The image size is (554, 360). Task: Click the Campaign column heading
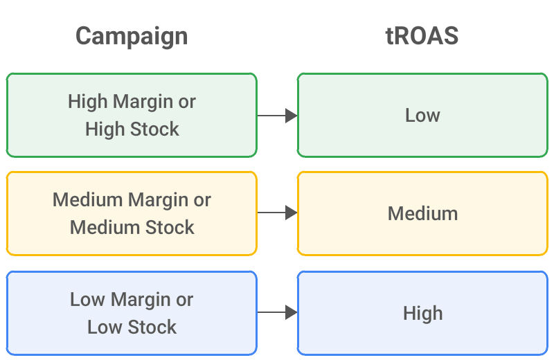click(132, 37)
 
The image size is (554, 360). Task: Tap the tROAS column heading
click(422, 36)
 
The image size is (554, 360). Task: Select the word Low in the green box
click(422, 116)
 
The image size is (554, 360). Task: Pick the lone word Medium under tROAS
click(422, 213)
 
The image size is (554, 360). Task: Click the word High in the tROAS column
click(422, 314)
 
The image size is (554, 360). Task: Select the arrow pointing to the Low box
click(278, 116)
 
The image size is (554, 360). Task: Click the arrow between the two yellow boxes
click(278, 213)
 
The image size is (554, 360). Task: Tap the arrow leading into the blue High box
click(278, 312)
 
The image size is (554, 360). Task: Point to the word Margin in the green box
click(143, 102)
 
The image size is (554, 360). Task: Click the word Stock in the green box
click(154, 129)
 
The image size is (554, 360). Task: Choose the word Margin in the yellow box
click(159, 201)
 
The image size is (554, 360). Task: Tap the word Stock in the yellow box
click(170, 227)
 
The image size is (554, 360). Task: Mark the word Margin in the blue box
click(141, 300)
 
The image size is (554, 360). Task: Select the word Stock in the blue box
click(152, 327)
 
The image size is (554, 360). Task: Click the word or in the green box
click(187, 102)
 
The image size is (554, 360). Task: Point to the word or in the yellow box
click(202, 201)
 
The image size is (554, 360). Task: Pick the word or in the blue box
click(185, 300)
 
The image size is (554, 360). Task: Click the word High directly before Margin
click(88, 102)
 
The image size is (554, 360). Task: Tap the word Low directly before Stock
click(105, 327)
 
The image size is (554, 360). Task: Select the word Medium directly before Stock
click(105, 227)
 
